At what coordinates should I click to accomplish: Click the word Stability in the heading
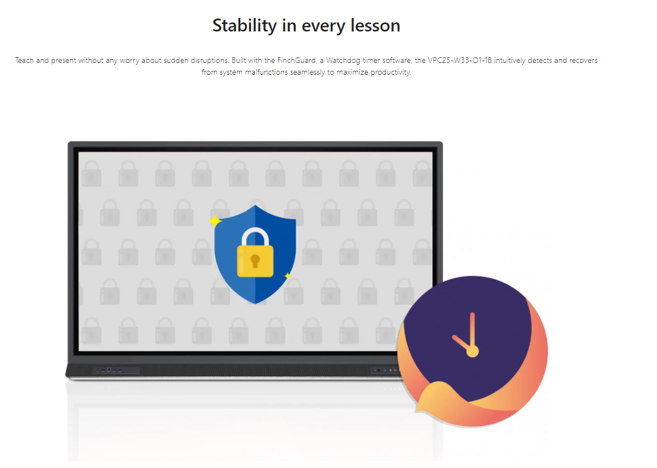pos(244,26)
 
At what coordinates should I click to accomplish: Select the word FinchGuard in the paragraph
pos(296,60)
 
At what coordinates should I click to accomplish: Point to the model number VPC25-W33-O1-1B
pos(460,60)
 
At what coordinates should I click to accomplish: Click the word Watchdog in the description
pos(343,60)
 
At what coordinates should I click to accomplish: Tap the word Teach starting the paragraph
pos(24,60)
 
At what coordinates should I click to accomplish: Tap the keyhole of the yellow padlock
pos(255,262)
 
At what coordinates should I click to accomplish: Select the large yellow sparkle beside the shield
pos(215,221)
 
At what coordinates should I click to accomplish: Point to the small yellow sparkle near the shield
pos(288,276)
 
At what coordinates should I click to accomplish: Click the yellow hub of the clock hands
pos(473,351)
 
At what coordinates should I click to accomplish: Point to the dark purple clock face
pos(468,327)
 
